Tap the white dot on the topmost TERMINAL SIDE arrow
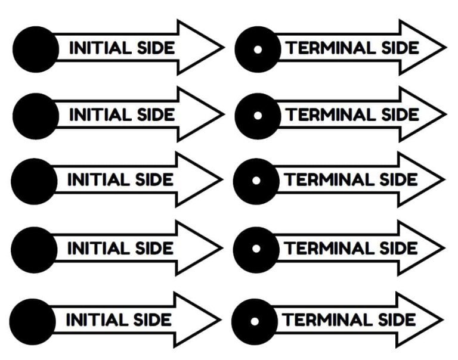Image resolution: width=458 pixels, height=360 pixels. coord(258,49)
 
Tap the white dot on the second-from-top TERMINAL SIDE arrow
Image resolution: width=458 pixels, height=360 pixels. coord(258,116)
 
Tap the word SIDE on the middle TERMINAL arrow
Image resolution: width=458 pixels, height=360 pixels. coord(397,179)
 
